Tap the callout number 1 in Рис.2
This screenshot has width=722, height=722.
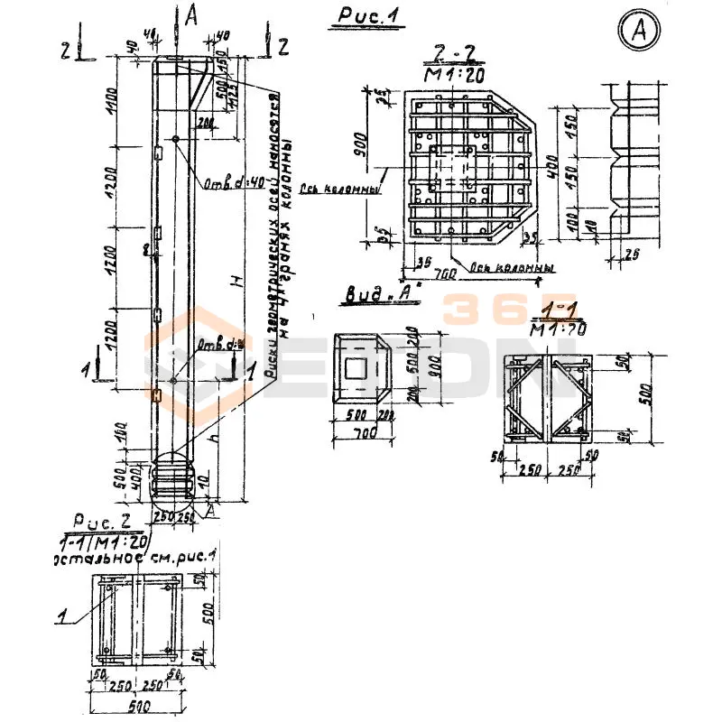62,618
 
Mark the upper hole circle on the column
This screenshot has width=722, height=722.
174,138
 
